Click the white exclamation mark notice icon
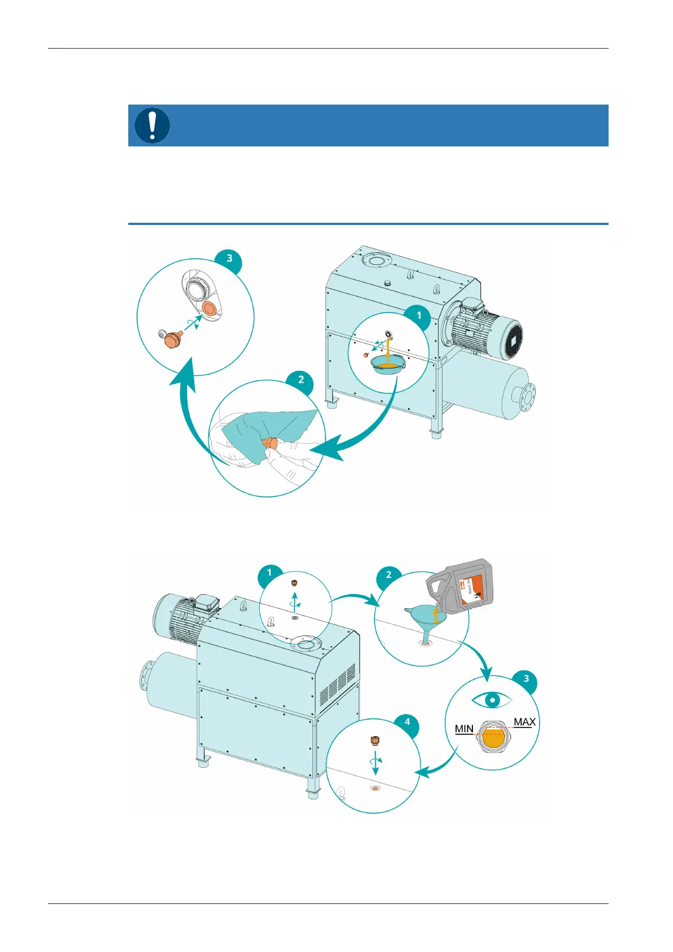click(x=152, y=126)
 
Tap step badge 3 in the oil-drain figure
click(x=229, y=258)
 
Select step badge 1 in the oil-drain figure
click(x=418, y=315)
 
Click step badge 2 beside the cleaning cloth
click(x=301, y=379)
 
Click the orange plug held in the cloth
click(x=272, y=443)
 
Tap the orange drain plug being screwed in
click(x=171, y=340)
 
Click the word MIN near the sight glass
click(x=464, y=729)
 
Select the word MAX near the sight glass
click(x=524, y=722)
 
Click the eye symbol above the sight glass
click(x=492, y=700)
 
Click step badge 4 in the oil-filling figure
click(x=407, y=722)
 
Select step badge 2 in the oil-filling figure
click(x=388, y=575)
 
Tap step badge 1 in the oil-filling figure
click(x=270, y=573)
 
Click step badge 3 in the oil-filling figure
click(x=526, y=678)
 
